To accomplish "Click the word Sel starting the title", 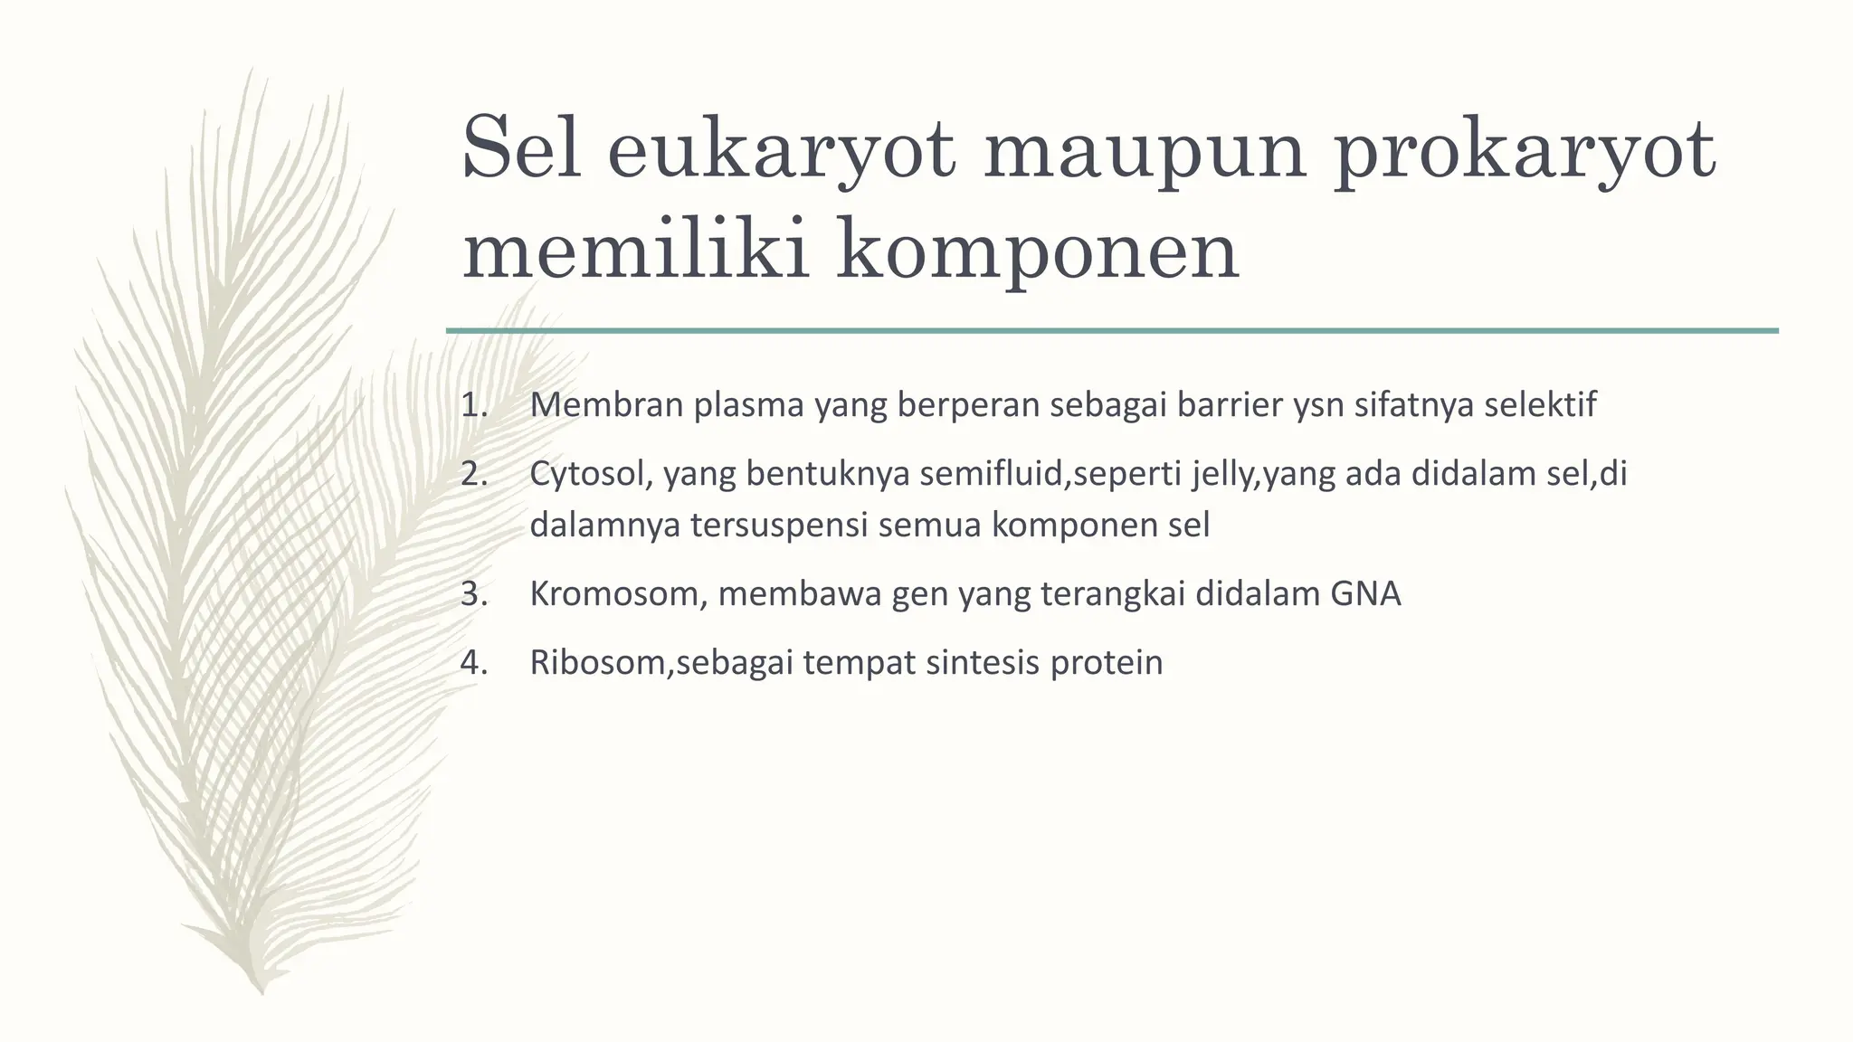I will point(520,150).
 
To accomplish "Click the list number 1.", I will point(473,405).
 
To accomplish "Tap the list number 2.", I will point(473,474).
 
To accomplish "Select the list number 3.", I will point(473,594).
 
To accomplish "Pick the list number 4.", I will point(473,663).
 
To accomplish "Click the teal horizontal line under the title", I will point(1112,331).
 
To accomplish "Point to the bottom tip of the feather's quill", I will point(261,991).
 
